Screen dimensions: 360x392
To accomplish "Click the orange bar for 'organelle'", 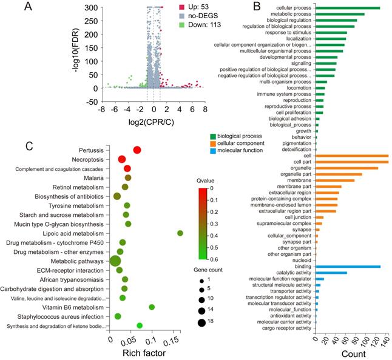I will (346, 168).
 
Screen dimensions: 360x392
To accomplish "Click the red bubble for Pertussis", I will (137, 150).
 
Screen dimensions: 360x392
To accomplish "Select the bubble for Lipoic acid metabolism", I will (180, 233).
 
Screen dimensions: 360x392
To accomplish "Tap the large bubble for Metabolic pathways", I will (114, 261).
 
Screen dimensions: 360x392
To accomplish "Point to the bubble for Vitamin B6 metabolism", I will (152, 307).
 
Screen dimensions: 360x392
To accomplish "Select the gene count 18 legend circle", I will (201, 322).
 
